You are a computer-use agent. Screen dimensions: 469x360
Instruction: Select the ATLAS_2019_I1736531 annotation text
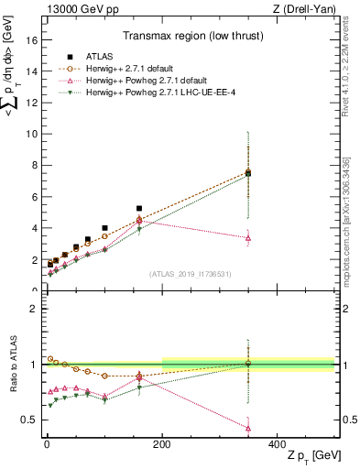[189, 273]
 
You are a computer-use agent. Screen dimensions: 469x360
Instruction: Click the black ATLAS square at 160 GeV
[139, 209]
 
